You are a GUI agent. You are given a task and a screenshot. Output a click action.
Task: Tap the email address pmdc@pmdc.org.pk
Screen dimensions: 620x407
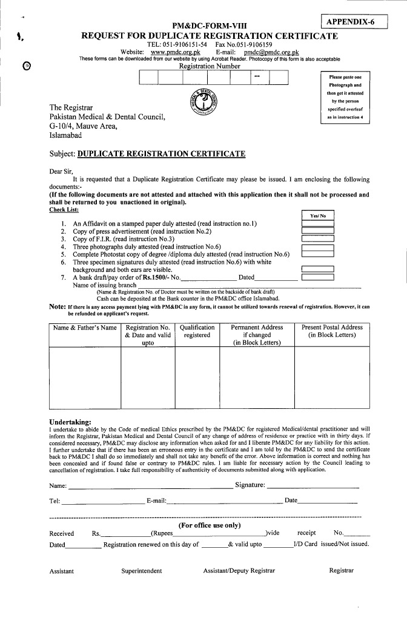click(x=271, y=52)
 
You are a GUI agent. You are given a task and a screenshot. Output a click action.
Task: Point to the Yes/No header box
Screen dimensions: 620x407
click(x=318, y=215)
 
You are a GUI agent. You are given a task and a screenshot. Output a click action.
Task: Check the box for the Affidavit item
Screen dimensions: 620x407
click(x=318, y=224)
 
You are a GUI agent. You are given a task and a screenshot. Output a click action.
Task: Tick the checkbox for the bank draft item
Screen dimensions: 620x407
click(x=318, y=277)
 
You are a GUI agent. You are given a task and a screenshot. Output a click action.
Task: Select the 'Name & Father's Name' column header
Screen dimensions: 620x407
click(x=84, y=328)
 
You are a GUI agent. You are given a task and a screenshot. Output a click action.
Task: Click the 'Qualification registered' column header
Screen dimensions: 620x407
click(x=197, y=331)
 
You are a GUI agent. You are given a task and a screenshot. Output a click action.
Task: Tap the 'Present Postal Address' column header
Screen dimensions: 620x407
click(x=332, y=331)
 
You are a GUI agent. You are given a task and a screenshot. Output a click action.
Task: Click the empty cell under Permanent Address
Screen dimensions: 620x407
click(x=257, y=377)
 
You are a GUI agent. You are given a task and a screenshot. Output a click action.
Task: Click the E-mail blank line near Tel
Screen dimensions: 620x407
click(x=224, y=502)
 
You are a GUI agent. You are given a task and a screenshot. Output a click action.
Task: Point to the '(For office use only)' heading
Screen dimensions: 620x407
click(x=210, y=525)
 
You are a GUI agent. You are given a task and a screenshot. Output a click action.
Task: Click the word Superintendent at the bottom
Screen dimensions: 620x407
click(x=142, y=571)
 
